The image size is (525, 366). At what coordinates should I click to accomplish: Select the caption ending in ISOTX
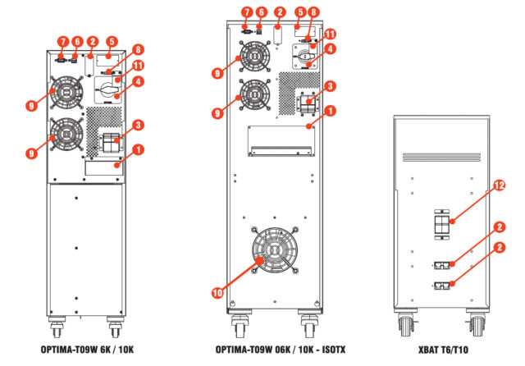[281, 350]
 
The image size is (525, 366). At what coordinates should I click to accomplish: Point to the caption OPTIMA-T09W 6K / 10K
[87, 350]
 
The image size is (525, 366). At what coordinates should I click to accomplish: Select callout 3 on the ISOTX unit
[328, 86]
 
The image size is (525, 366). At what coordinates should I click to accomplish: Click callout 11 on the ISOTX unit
[331, 34]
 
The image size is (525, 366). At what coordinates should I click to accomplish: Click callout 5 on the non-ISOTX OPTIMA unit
[112, 40]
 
